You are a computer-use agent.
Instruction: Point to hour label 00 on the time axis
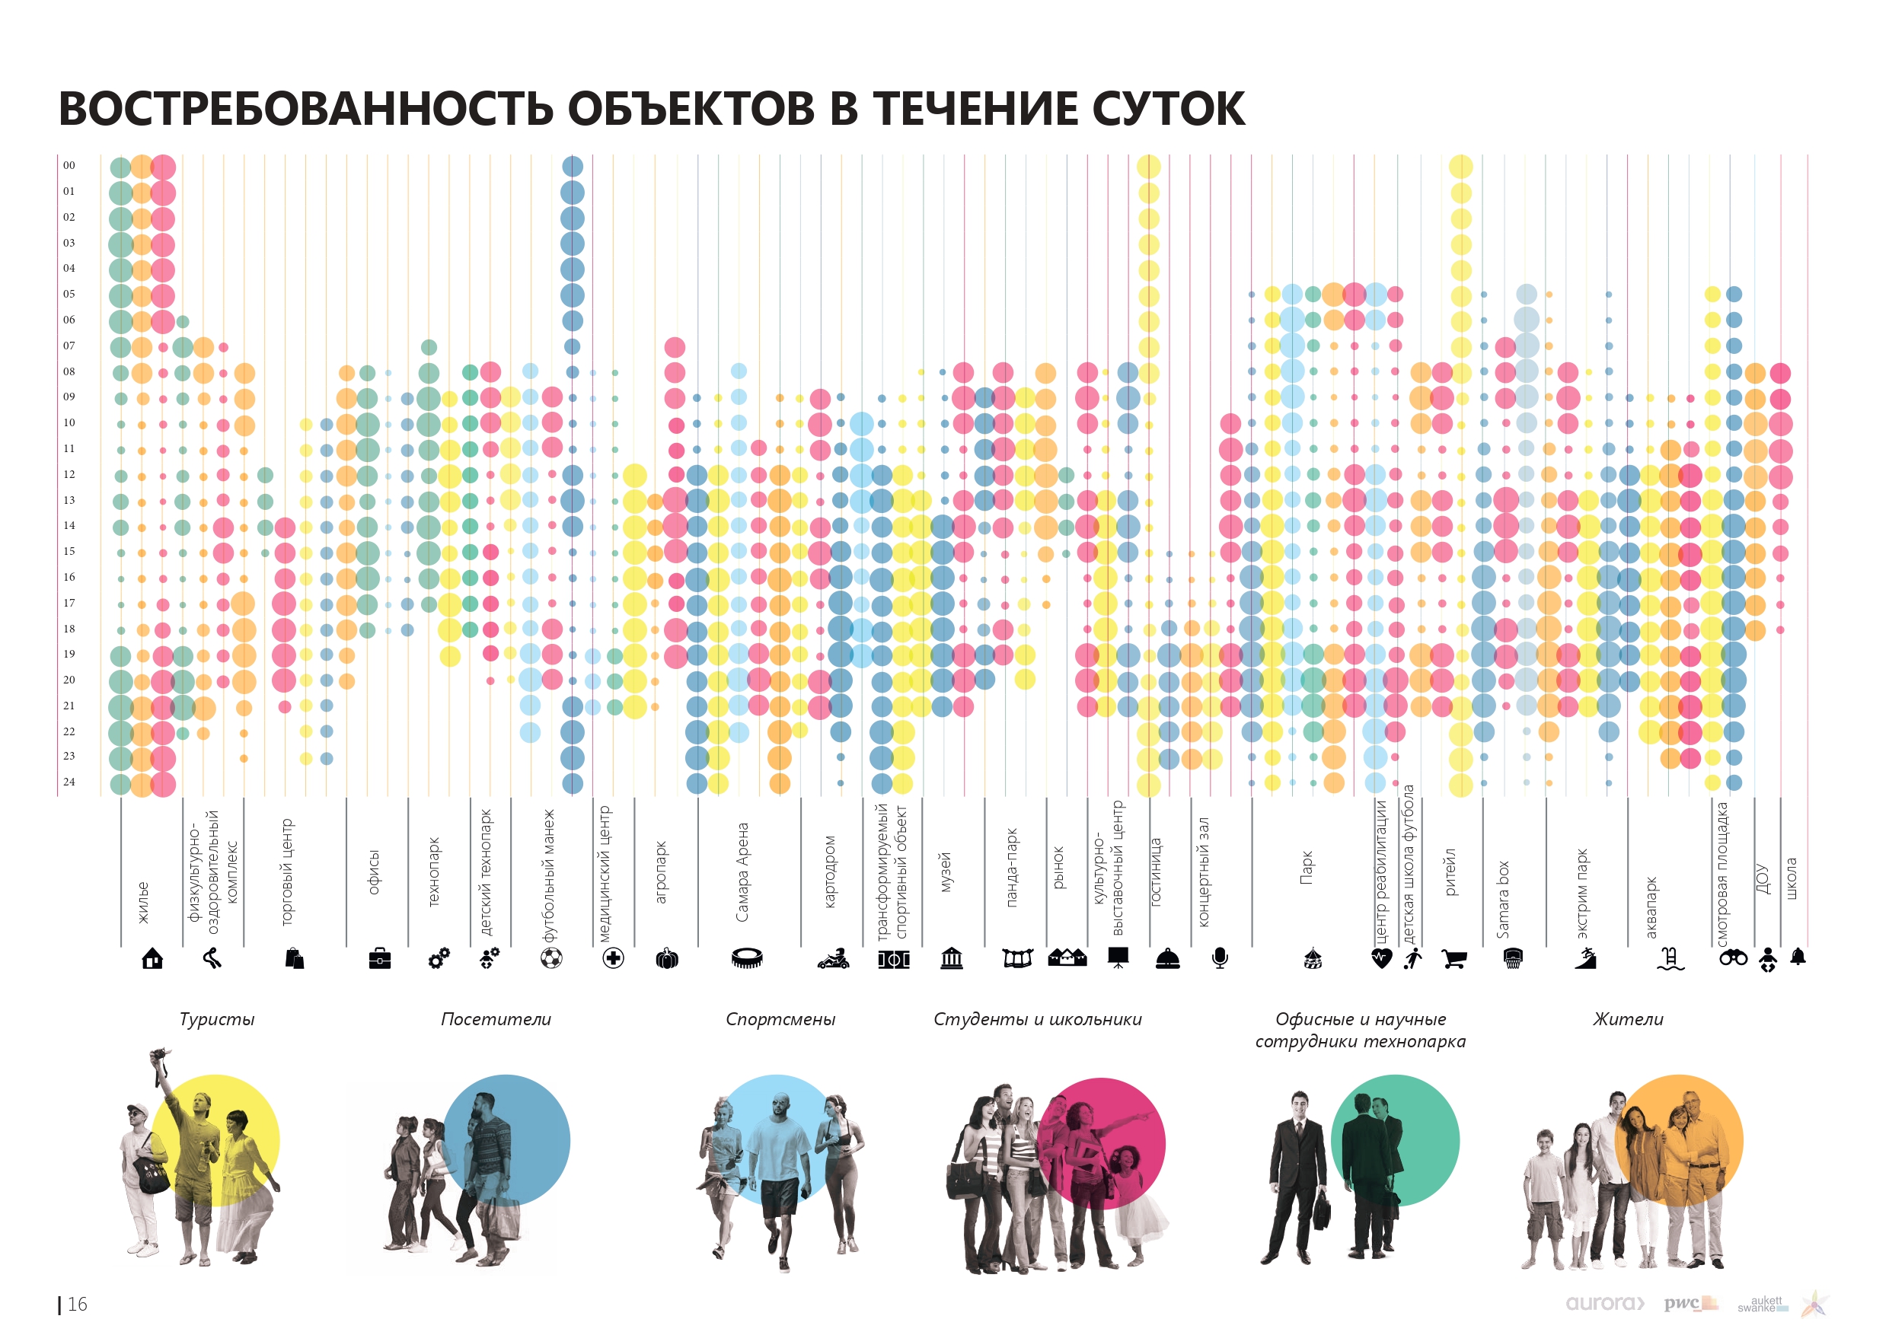pyautogui.click(x=69, y=165)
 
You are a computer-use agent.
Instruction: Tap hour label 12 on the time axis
pyautogui.click(x=69, y=475)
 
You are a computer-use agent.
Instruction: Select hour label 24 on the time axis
pyautogui.click(x=69, y=782)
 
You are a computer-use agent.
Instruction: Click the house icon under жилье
pyautogui.click(x=152, y=958)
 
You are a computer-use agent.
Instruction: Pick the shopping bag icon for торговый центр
pyautogui.click(x=295, y=958)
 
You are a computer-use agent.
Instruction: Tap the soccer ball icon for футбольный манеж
pyautogui.click(x=551, y=958)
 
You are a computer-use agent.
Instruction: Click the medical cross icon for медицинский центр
pyautogui.click(x=613, y=958)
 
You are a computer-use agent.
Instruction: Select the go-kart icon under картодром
pyautogui.click(x=833, y=958)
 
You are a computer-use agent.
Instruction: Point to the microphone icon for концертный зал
pyautogui.click(x=1220, y=958)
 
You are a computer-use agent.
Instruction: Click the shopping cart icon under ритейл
pyautogui.click(x=1453, y=959)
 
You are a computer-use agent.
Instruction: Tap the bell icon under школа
pyautogui.click(x=1798, y=957)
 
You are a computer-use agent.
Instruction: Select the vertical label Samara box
pyautogui.click(x=1503, y=899)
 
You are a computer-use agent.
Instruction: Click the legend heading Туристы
pyautogui.click(x=217, y=1019)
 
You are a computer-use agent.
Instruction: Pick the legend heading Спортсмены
pyautogui.click(x=780, y=1019)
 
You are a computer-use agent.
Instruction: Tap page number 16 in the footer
pyautogui.click(x=76, y=1305)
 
